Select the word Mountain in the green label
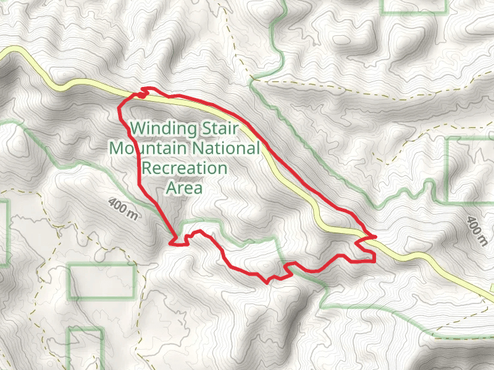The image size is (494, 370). click(149, 149)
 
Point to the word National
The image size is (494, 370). click(226, 149)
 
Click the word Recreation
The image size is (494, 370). click(185, 168)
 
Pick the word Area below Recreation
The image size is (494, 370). click(185, 188)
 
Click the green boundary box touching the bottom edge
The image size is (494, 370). click(85, 348)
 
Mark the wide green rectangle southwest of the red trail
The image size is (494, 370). click(101, 281)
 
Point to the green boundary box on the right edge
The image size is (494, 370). click(469, 170)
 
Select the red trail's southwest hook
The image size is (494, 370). click(177, 241)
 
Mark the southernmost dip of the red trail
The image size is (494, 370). click(267, 282)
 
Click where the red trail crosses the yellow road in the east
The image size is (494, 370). click(364, 237)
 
